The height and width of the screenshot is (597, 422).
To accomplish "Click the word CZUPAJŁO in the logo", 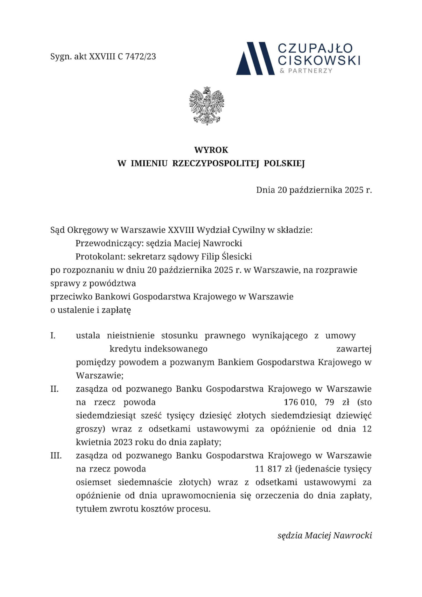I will click(x=316, y=48).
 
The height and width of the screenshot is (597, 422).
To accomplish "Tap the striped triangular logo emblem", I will click(x=255, y=58).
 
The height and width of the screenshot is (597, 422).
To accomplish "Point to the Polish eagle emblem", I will click(x=207, y=106).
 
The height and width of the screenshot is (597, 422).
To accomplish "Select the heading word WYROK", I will click(x=211, y=150).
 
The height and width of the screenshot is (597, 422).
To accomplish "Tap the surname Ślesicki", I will click(x=237, y=257).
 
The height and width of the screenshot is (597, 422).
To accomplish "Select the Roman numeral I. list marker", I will click(x=53, y=336).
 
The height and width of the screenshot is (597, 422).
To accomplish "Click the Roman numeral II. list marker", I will click(x=54, y=389).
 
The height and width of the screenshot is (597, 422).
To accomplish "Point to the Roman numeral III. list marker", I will click(x=56, y=456).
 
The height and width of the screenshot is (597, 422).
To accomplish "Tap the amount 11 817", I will click(x=268, y=469).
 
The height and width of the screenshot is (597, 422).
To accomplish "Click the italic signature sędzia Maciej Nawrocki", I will click(x=325, y=535).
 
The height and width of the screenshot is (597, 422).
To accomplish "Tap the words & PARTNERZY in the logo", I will click(x=306, y=71).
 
